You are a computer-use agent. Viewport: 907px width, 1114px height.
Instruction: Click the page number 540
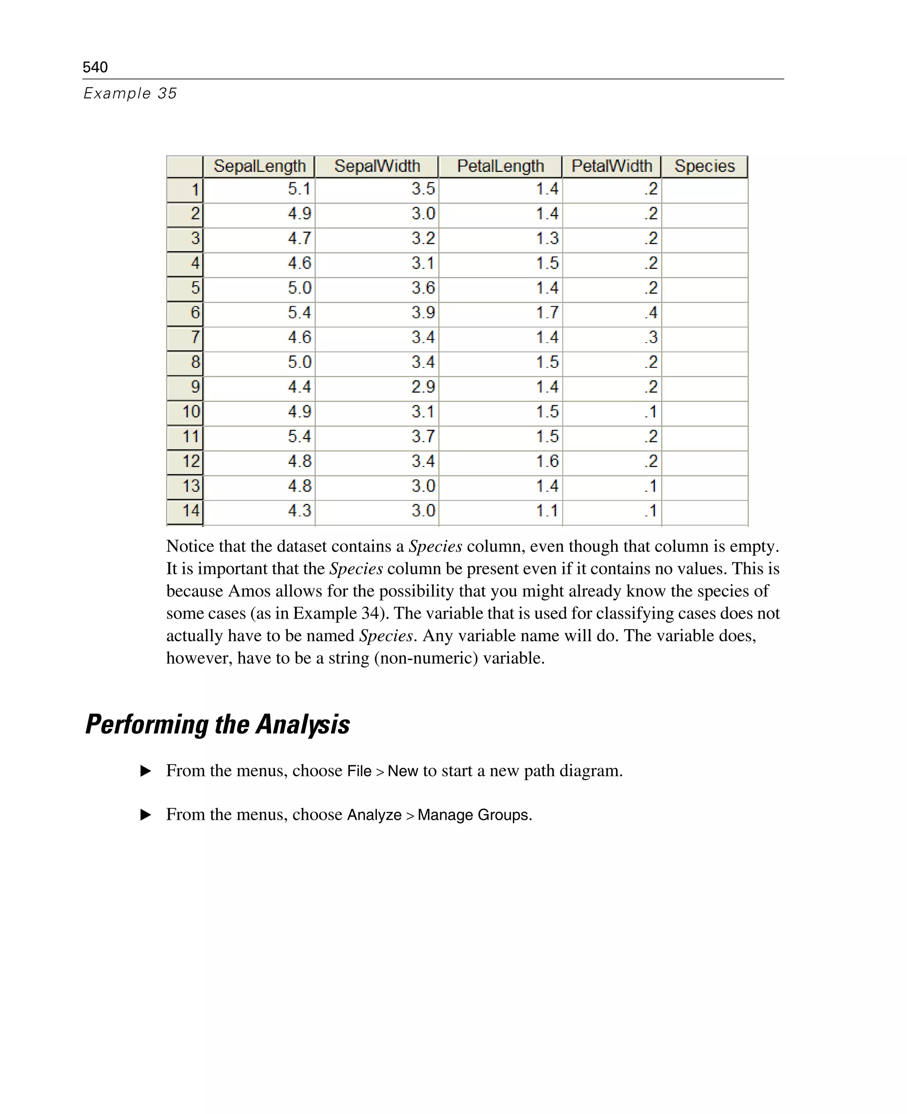coord(95,67)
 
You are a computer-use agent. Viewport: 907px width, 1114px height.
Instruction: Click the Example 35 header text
coord(130,93)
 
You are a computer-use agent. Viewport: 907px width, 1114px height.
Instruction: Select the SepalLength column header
coord(259,166)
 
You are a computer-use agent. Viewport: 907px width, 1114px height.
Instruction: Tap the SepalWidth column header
coord(377,166)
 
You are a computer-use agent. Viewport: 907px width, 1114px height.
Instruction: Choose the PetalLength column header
coord(500,166)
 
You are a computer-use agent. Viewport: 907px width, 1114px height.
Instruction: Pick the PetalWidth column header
coord(611,166)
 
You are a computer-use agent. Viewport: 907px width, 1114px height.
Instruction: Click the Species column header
coord(704,166)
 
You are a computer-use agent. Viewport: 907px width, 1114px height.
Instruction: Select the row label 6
coord(194,312)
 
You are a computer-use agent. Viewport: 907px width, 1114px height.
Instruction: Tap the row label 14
coord(191,511)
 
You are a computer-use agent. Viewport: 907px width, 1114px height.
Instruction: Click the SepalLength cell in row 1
coord(299,189)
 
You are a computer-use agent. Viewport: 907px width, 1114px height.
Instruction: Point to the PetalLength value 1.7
coord(547,312)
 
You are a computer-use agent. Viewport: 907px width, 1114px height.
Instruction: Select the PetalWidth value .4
coord(651,312)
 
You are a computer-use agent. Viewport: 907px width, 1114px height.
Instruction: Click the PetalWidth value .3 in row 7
coord(651,338)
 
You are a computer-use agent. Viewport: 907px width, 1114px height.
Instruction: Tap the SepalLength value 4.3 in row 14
coord(299,511)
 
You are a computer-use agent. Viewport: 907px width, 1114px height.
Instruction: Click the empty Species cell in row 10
coord(704,412)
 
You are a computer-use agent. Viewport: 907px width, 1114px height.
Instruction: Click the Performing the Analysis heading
coord(217,724)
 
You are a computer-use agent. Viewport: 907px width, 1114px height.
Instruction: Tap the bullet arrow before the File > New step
coord(146,771)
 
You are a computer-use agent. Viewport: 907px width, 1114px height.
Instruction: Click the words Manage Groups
coord(473,815)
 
